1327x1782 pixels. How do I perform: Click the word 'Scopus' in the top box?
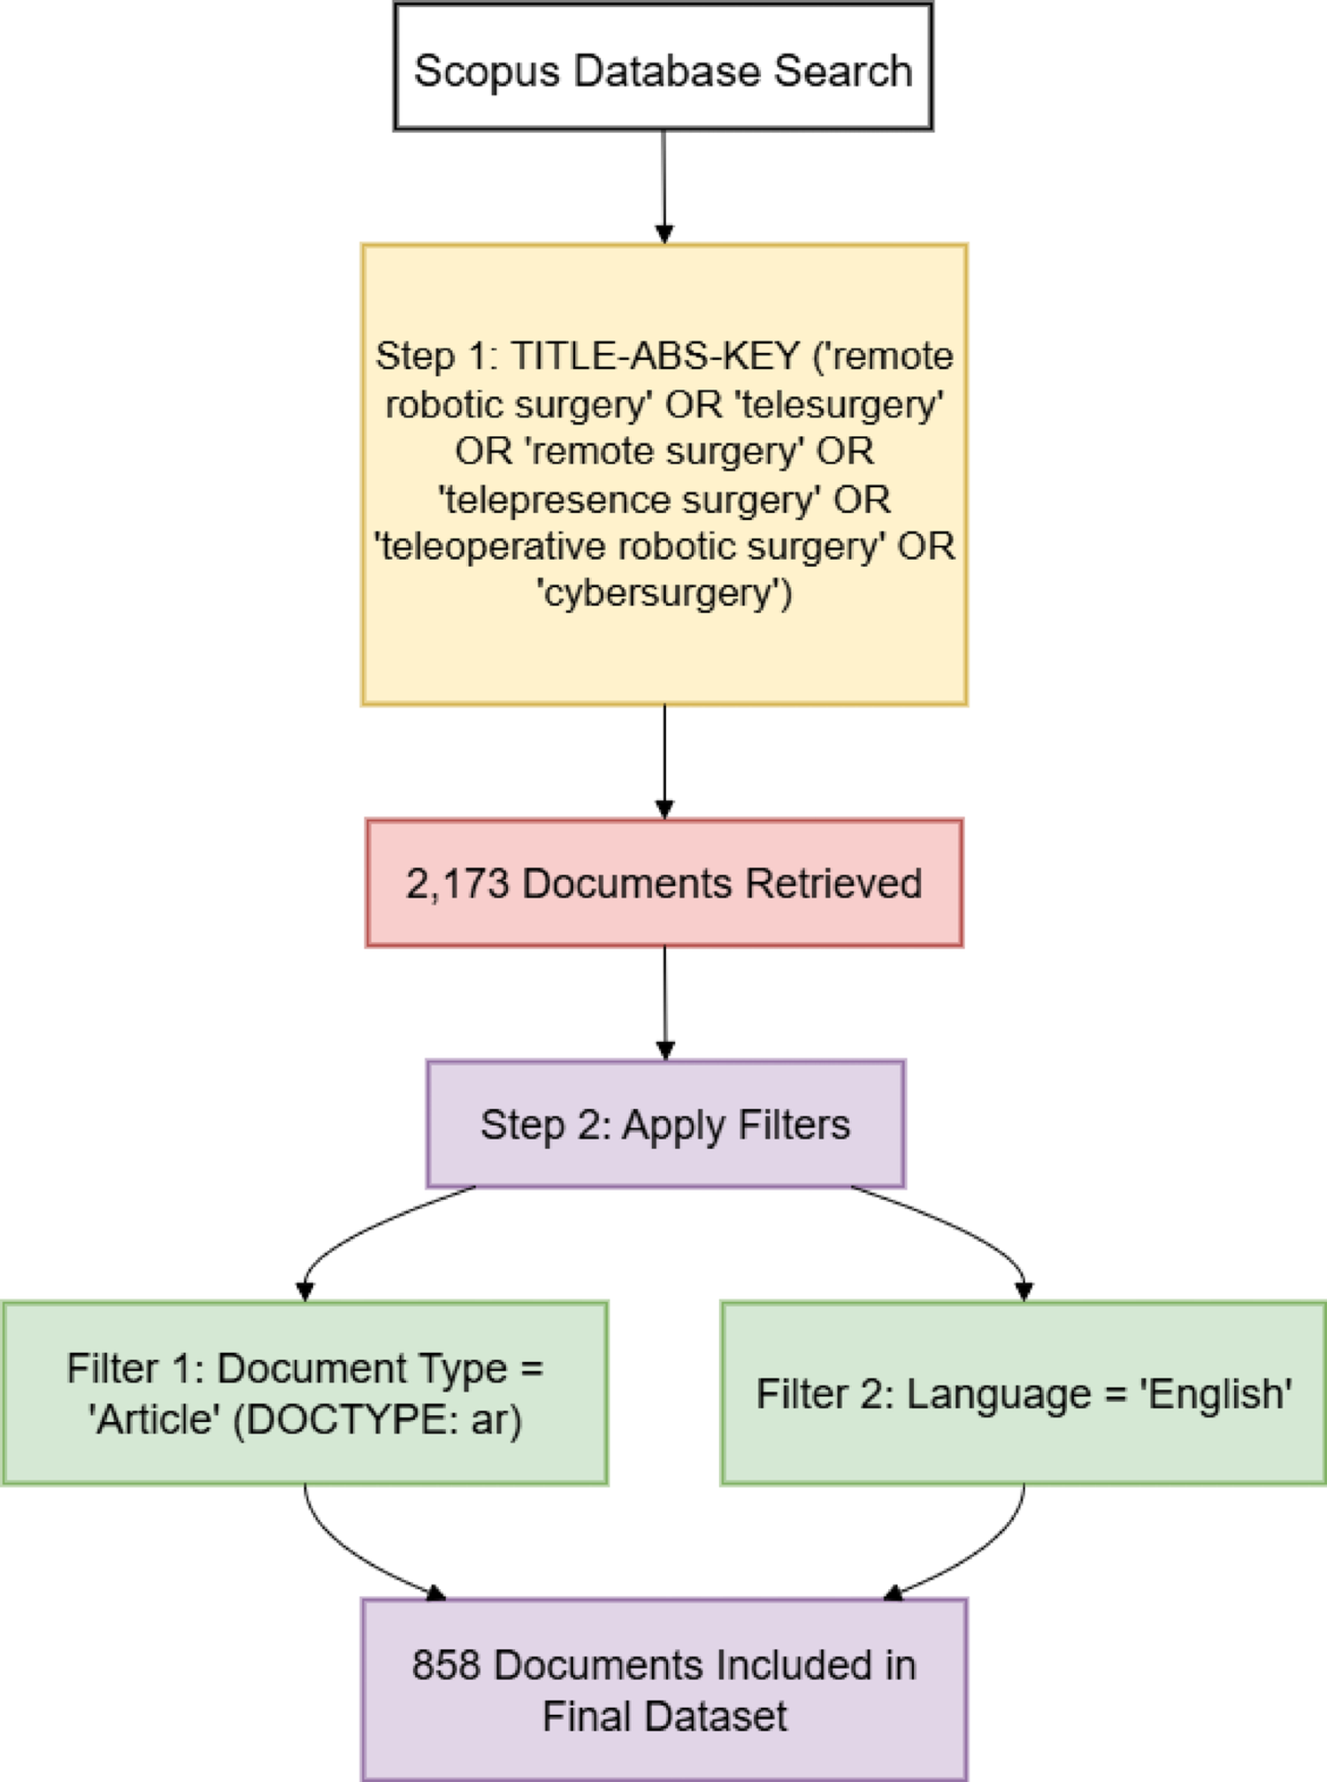(x=486, y=72)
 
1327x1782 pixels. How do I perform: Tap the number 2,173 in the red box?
(x=457, y=883)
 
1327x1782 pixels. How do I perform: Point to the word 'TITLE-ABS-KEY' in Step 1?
(x=656, y=356)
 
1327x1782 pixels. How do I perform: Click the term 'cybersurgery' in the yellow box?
(x=663, y=593)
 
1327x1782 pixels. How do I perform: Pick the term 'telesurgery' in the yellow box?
(x=841, y=404)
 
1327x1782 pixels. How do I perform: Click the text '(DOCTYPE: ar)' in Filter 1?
(x=379, y=1419)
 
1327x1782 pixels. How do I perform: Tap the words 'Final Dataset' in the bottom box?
(x=664, y=1716)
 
